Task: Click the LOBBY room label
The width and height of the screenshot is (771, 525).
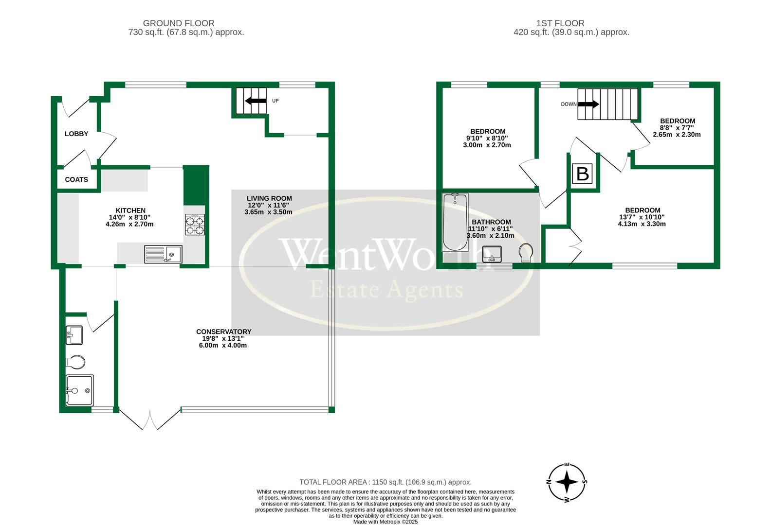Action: click(x=76, y=134)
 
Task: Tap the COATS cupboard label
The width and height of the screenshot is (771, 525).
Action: click(x=76, y=179)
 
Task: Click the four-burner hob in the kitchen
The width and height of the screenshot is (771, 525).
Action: click(x=195, y=225)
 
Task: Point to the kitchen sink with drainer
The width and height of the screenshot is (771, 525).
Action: click(x=163, y=254)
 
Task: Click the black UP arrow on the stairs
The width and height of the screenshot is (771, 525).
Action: click(x=256, y=101)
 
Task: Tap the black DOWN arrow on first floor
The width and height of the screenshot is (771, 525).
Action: click(x=588, y=104)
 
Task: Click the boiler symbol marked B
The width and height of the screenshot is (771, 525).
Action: click(x=583, y=174)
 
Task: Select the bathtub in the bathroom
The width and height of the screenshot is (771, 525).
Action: click(x=455, y=222)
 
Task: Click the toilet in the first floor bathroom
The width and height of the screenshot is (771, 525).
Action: click(x=526, y=253)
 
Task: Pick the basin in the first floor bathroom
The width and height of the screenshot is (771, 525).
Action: click(x=492, y=254)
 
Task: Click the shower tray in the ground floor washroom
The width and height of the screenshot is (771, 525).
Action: click(x=80, y=390)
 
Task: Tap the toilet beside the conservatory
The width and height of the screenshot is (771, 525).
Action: click(x=75, y=362)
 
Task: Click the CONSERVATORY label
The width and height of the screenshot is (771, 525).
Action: click(x=223, y=332)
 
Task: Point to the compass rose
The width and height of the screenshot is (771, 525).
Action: click(x=567, y=483)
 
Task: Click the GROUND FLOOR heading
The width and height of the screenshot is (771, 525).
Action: click(x=179, y=23)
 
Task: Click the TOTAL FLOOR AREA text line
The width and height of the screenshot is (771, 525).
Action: click(x=385, y=482)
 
